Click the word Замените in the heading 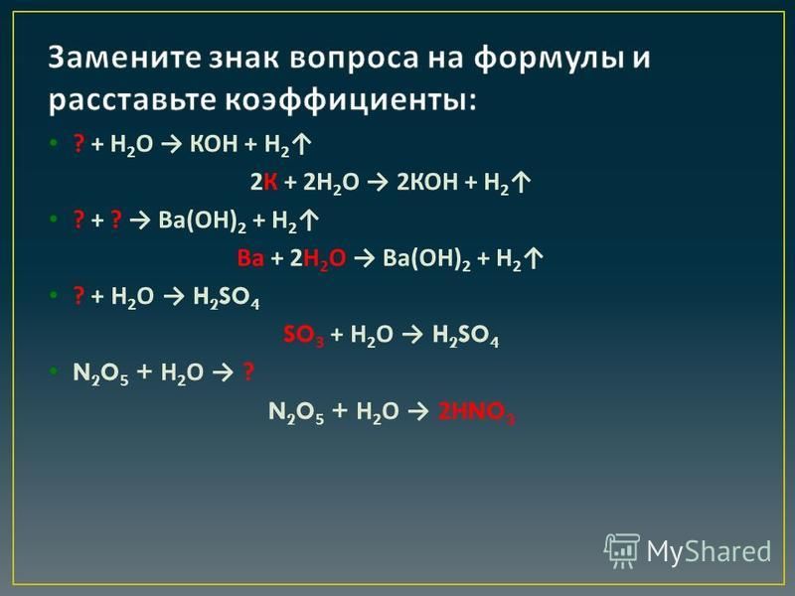pos(125,57)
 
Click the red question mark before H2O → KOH pos(79,144)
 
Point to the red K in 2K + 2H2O pos(270,182)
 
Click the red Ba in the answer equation pos(250,258)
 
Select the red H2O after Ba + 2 pos(325,259)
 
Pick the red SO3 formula pos(303,336)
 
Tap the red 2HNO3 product pos(477,412)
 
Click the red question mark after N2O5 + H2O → pos(248,372)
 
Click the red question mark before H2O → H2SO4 pos(79,295)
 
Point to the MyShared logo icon pos(622,551)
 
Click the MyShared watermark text pos(709,551)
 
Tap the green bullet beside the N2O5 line pos(54,372)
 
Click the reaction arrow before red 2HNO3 pos(418,411)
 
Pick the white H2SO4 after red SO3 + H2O pos(465,336)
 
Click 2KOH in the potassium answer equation pos(427,182)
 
